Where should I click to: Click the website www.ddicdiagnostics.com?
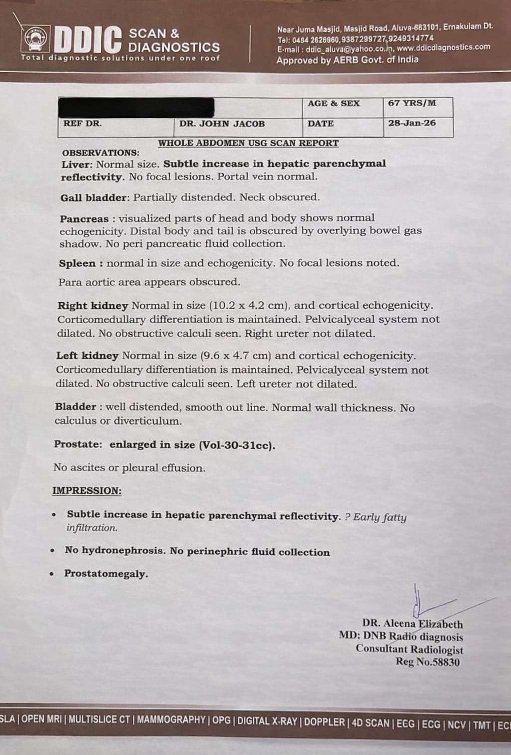pyautogui.click(x=443, y=47)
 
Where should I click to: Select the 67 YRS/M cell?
pyautogui.click(x=412, y=103)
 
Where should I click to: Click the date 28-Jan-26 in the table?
pyautogui.click(x=412, y=123)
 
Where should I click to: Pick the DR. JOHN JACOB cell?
pyautogui.click(x=222, y=123)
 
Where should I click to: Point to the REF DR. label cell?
pyautogui.click(x=82, y=123)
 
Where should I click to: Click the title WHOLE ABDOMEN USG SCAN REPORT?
pyautogui.click(x=248, y=143)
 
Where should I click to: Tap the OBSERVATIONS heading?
pyautogui.click(x=100, y=153)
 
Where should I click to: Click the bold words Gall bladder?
pyautogui.click(x=94, y=198)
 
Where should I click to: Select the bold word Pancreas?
pyautogui.click(x=84, y=219)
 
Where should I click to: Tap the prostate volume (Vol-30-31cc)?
pyautogui.click(x=237, y=445)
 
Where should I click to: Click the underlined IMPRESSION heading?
pyautogui.click(x=87, y=491)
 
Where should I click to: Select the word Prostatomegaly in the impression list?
pyautogui.click(x=106, y=574)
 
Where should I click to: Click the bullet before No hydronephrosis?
pyautogui.click(x=52, y=551)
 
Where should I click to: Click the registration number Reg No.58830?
pyautogui.click(x=428, y=662)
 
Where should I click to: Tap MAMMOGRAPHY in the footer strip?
pyautogui.click(x=171, y=720)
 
